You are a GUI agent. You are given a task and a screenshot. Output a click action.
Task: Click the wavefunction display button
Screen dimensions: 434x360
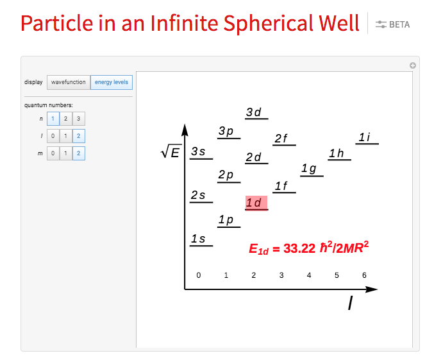[x=69, y=82]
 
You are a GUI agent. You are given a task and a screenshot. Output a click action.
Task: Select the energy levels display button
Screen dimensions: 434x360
[x=112, y=82]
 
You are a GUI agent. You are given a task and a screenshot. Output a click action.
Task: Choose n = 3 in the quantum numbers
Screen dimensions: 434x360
[x=79, y=119]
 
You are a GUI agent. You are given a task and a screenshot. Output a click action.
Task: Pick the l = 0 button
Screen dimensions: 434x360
[x=53, y=136]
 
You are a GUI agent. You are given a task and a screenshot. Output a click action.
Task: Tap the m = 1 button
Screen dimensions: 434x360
[x=66, y=153]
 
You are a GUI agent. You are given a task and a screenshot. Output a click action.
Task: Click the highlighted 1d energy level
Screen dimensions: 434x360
[x=256, y=203]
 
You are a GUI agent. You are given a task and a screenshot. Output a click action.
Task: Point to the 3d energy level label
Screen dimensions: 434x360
[x=253, y=112]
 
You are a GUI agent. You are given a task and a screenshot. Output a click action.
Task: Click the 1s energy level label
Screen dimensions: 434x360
[x=198, y=239]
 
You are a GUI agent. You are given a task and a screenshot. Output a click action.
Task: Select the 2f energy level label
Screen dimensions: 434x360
[x=281, y=139]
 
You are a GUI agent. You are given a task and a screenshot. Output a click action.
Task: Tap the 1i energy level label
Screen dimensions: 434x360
[x=364, y=137]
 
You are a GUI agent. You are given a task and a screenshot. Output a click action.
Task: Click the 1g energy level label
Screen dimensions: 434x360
[x=309, y=169]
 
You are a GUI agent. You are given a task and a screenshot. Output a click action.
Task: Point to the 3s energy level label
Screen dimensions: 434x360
[x=198, y=151]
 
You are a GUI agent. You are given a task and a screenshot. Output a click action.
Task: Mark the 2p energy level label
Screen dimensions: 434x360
[x=226, y=175]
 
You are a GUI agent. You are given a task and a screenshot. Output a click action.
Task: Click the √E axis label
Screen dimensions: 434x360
[x=171, y=152]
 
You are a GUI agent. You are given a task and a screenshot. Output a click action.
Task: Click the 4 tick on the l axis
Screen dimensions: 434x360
[x=309, y=275]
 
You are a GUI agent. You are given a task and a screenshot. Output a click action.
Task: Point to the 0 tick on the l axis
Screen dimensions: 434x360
[x=199, y=275]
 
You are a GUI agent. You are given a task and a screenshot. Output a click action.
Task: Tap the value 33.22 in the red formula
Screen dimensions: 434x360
[x=299, y=248]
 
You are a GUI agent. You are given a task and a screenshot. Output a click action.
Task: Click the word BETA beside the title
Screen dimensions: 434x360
[x=399, y=24]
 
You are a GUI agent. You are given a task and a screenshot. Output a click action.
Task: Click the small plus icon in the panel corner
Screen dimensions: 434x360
[x=413, y=65]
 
